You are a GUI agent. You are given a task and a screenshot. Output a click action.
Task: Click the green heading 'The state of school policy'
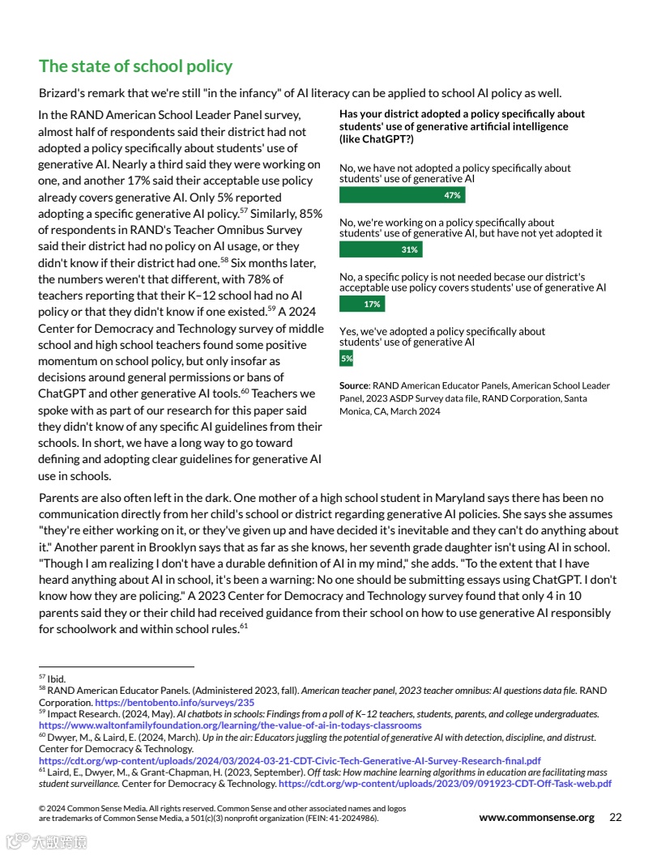tap(135, 66)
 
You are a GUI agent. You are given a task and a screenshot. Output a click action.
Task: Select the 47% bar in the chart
tap(402, 195)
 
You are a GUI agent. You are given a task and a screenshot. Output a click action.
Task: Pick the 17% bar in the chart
tap(362, 304)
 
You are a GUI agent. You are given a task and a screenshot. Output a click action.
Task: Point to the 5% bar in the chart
tap(346, 358)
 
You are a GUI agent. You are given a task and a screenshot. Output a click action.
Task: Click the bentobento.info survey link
tap(175, 703)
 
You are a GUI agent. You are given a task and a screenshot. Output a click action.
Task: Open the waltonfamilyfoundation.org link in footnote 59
tap(230, 725)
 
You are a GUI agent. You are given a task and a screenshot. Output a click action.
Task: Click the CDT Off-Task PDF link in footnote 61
tap(445, 784)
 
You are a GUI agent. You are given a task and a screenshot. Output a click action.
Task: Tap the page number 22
tap(616, 817)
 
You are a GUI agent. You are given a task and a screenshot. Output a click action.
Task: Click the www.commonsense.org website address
tap(536, 817)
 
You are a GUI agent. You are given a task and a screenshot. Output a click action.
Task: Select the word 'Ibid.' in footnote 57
tap(56, 679)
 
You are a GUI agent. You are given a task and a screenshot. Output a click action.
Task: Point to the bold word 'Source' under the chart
tap(354, 386)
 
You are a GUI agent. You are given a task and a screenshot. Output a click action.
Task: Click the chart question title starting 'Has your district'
tap(462, 126)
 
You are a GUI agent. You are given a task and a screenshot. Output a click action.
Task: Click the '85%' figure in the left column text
tap(310, 213)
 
